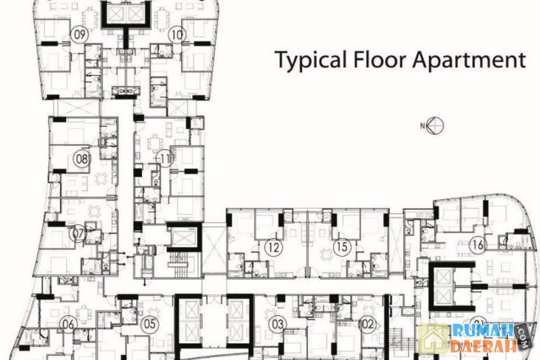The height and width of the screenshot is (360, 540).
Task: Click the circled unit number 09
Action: coord(79,34)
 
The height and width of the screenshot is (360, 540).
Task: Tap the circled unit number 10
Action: coord(177,34)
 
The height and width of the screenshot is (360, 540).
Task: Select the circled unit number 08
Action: coord(82,159)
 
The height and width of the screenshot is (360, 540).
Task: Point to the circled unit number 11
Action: coord(165,159)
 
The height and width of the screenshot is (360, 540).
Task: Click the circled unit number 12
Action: coord(274,247)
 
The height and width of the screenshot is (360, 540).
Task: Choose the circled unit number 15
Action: coord(342,246)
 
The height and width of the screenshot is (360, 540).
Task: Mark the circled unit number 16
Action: coord(478,245)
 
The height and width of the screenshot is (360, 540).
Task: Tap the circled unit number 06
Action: coord(68,324)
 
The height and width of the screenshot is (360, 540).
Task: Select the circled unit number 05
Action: coord(149,324)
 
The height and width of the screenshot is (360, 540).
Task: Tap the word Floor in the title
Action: coord(380,60)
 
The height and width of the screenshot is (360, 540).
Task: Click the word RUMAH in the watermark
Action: coord(483,331)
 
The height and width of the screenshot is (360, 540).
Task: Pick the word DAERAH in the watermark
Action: coord(483,346)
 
